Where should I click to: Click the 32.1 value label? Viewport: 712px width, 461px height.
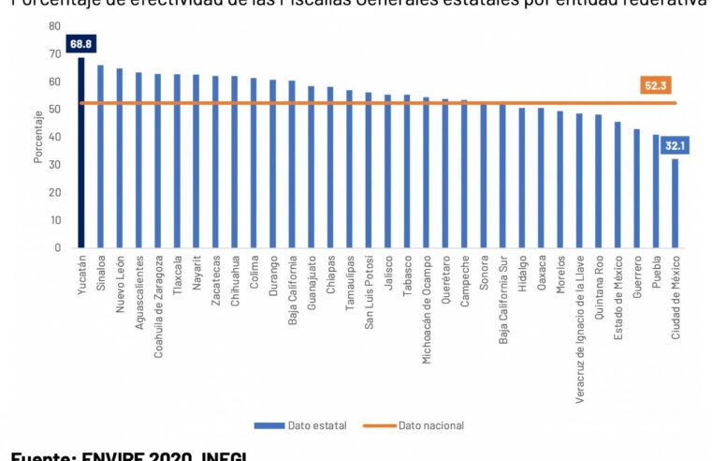(x=675, y=146)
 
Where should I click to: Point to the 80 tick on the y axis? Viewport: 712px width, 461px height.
(x=56, y=26)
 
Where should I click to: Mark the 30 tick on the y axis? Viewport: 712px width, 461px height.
(x=56, y=165)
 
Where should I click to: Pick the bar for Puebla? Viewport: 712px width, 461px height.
(x=656, y=191)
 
